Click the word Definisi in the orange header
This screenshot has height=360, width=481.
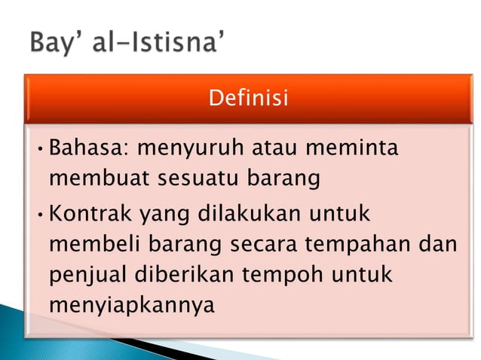248,99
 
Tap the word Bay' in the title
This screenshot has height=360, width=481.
56,44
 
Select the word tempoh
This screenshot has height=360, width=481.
277,276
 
